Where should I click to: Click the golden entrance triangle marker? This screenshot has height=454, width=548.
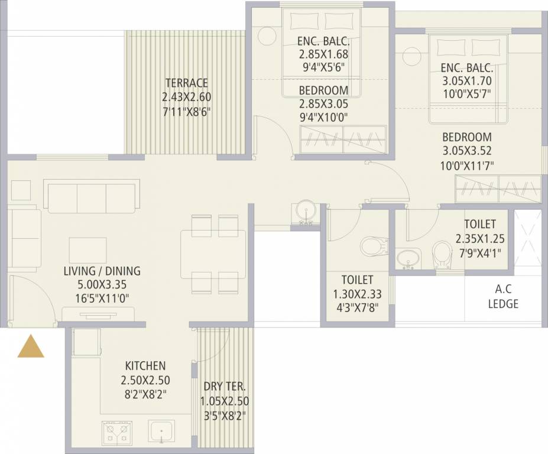31,347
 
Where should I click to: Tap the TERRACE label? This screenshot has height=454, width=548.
186,83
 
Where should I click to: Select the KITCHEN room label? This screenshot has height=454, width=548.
145,366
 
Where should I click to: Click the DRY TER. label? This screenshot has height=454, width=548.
225,387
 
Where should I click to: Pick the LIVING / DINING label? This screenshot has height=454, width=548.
102,271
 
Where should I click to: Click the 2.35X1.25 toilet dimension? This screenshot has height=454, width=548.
479,239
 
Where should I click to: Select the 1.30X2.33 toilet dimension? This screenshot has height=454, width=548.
357,293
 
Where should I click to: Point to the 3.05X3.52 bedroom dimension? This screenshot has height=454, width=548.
467,151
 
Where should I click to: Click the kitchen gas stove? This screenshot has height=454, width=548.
117,433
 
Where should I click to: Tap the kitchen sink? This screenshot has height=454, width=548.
162,433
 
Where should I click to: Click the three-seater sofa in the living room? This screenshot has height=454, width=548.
92,197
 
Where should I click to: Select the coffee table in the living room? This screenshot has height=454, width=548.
88,250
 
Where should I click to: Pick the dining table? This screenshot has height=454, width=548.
213,254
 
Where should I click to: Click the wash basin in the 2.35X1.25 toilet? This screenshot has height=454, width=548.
407,258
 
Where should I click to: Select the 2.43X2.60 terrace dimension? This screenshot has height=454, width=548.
186,97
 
